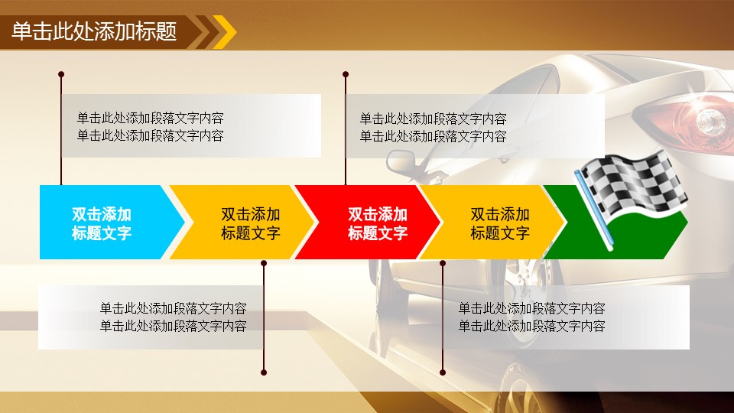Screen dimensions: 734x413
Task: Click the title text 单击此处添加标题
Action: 94,31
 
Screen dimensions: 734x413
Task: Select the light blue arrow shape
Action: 112,222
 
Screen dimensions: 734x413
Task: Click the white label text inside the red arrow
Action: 377,223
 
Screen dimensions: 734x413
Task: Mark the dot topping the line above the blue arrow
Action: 61,74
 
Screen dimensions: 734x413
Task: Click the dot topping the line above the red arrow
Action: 346,74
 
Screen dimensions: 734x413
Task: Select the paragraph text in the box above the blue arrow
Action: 151,126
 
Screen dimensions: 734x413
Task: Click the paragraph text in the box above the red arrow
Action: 433,128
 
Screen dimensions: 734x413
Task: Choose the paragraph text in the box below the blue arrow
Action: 174,317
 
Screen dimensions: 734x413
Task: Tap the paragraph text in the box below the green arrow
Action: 532,317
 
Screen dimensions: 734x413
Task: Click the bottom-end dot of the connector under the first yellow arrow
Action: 264,372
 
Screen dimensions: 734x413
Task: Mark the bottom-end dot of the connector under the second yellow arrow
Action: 443,372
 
